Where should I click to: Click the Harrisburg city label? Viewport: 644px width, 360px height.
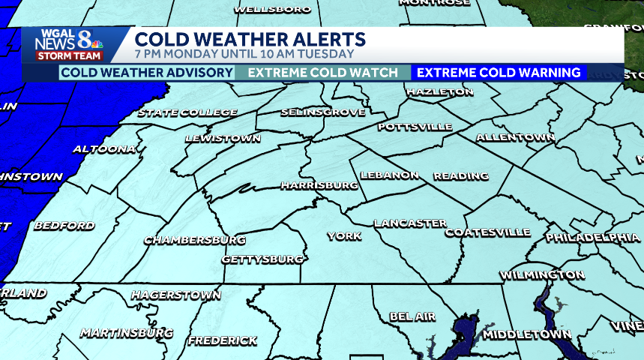[319, 184]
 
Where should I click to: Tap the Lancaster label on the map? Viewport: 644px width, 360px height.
[410, 223]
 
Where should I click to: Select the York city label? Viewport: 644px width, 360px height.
[344, 236]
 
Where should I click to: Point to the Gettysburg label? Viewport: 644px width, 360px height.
[262, 259]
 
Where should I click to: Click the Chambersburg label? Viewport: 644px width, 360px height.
[195, 240]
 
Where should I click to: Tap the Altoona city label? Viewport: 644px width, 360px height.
[104, 149]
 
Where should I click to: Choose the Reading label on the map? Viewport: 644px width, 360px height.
[460, 176]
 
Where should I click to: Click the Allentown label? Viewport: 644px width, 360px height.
[515, 138]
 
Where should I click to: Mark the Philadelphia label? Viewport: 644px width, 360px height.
[592, 237]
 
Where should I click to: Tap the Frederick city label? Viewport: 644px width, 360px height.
[223, 340]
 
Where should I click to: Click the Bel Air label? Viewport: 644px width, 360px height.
[412, 316]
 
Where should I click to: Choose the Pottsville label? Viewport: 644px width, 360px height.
[415, 126]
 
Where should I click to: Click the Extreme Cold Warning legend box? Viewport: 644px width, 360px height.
[499, 73]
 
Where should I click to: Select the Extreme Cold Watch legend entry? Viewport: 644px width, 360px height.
[322, 73]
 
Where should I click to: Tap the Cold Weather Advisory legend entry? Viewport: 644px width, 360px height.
[147, 73]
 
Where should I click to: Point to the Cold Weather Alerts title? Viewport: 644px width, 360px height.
[250, 39]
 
